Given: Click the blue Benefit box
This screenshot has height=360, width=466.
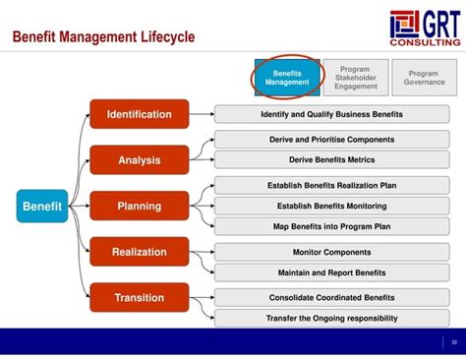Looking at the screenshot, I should (42, 207).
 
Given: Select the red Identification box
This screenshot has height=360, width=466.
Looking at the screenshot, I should (139, 115).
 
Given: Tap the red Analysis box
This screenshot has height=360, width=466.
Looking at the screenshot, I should (139, 160).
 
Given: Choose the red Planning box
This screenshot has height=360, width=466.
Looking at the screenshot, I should (139, 207).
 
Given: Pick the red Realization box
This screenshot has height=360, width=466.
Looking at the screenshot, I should (139, 252).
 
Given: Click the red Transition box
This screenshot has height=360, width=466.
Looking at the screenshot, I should (139, 297).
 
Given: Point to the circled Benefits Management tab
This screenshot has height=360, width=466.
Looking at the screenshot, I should (287, 78).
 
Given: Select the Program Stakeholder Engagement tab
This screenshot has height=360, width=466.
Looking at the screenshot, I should (355, 79).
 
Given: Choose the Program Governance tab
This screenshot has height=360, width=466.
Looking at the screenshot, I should (424, 78).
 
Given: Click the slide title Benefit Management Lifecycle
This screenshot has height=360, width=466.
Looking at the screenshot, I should (103, 37).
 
